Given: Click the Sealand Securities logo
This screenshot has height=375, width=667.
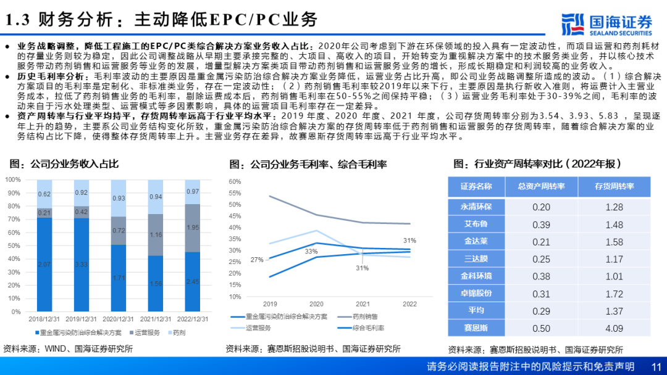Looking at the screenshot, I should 607,24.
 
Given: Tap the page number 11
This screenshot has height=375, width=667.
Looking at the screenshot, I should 657,366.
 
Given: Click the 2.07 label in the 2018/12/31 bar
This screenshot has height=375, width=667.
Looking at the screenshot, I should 44,264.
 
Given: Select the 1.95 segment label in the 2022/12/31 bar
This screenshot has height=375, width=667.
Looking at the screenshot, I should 192,228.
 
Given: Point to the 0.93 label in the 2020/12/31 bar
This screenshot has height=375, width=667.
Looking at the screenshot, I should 118,198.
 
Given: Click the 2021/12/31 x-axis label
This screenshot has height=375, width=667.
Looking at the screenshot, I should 155,319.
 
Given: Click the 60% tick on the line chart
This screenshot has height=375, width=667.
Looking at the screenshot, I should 234,181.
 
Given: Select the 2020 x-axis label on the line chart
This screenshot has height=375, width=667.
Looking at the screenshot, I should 316,304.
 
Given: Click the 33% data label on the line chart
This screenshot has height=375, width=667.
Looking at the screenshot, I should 311,251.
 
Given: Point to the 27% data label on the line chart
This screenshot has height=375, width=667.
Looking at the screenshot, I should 256,260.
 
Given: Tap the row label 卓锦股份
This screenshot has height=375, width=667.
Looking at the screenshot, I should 476,294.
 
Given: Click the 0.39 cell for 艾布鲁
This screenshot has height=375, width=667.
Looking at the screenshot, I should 541,224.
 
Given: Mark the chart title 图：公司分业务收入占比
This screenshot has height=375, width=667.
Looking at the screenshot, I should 64,163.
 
